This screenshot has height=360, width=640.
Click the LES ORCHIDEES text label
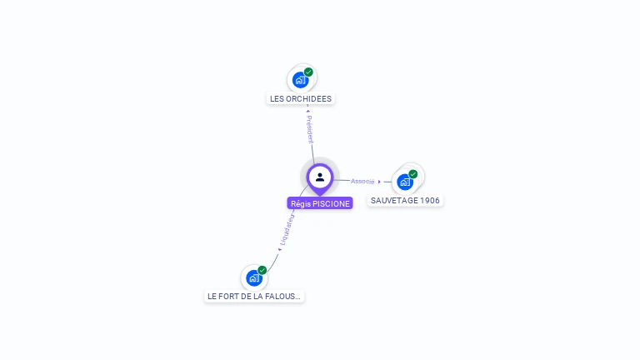click(x=301, y=98)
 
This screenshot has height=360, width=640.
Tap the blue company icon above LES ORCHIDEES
click(x=300, y=81)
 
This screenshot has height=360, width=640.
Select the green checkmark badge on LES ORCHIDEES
click(x=308, y=72)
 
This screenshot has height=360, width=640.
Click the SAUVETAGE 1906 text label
click(x=405, y=201)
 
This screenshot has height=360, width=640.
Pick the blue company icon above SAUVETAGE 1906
click(x=404, y=182)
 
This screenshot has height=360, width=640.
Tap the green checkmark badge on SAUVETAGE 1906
click(x=413, y=174)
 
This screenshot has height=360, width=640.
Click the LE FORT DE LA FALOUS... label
click(x=254, y=296)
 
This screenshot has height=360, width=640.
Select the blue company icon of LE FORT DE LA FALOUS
click(x=253, y=278)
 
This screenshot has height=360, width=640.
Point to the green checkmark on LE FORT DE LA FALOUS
click(x=262, y=270)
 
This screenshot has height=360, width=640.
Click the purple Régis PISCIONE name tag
click(x=320, y=203)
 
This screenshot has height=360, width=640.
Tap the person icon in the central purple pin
click(x=320, y=177)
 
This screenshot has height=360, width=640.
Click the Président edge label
click(x=310, y=130)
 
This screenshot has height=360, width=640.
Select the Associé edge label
click(x=362, y=181)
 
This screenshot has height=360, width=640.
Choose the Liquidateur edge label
click(x=287, y=230)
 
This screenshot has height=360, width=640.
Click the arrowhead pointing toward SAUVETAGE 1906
click(x=379, y=182)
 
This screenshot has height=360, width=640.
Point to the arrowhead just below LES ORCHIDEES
click(x=307, y=110)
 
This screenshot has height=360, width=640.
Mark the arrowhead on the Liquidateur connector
click(x=279, y=248)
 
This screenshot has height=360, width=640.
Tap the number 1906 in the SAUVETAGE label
click(x=429, y=201)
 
